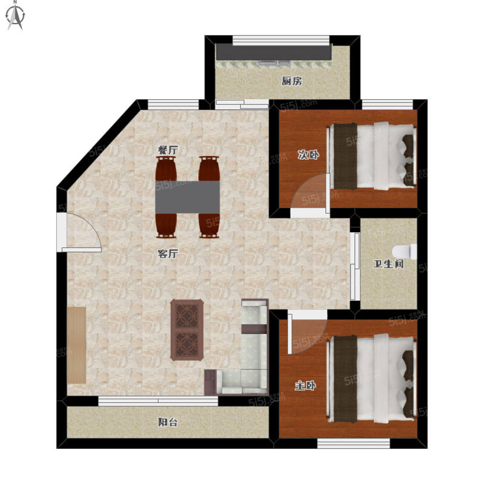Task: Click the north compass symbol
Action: point(16,16)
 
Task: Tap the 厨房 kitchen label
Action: point(292,81)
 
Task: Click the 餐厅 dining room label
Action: point(168,150)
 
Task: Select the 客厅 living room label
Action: point(168,254)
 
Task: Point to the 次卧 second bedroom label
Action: point(308,154)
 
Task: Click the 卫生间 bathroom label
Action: point(388,264)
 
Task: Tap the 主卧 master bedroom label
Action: point(305,386)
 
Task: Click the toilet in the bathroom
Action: point(405,252)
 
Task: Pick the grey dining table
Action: point(188,197)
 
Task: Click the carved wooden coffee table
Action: point(187,330)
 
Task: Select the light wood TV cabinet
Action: point(77,345)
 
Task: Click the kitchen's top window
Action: point(281,40)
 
